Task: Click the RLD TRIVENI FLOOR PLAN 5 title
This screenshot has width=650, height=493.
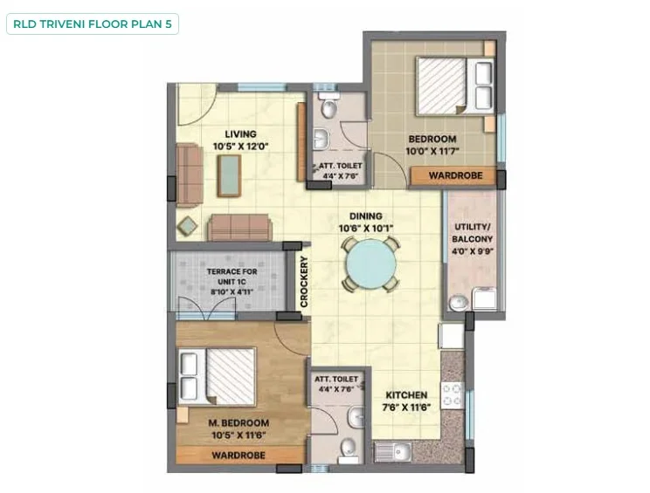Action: tap(93, 24)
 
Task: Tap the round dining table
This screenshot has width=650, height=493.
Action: tap(370, 264)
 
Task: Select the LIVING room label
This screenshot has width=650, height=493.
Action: tap(240, 134)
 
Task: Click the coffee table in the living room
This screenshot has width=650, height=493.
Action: tap(229, 175)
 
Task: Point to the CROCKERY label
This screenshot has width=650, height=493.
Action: tap(304, 282)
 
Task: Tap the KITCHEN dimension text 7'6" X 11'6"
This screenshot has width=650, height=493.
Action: tap(406, 407)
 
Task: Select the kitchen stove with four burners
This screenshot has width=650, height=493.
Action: tap(452, 395)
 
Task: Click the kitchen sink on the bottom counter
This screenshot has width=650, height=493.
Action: tap(393, 451)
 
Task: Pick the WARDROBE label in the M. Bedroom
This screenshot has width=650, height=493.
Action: tap(239, 455)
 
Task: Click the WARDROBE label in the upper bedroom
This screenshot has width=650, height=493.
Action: tap(455, 175)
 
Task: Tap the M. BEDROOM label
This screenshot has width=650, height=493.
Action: tap(239, 423)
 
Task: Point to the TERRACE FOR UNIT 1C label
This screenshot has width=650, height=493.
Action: tap(232, 277)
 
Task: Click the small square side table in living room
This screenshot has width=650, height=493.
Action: tap(187, 226)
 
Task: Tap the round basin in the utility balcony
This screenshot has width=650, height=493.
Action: tap(459, 302)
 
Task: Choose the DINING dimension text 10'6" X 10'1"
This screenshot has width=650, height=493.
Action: tap(365, 228)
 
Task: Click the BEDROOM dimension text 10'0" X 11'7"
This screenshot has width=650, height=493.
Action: tap(432, 151)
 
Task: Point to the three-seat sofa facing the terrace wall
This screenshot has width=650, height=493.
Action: tap(239, 227)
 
